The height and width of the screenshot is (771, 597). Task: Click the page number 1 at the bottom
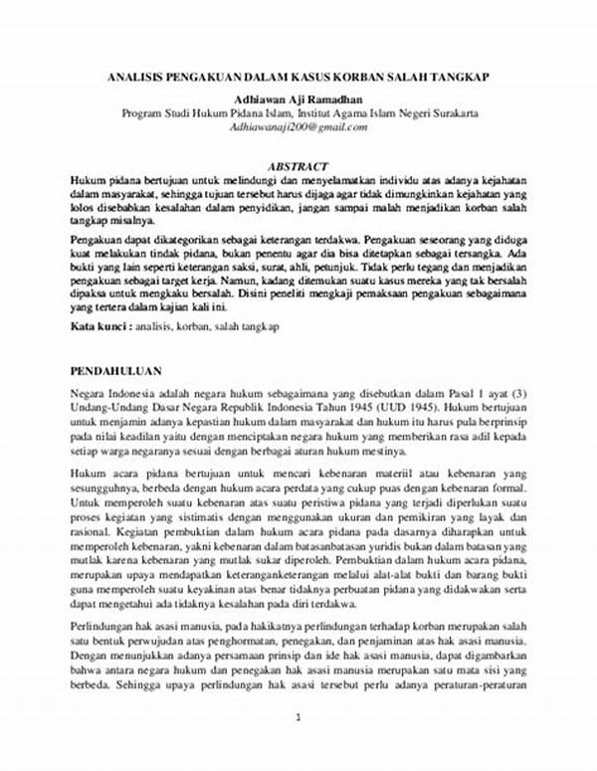pos(298,744)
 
